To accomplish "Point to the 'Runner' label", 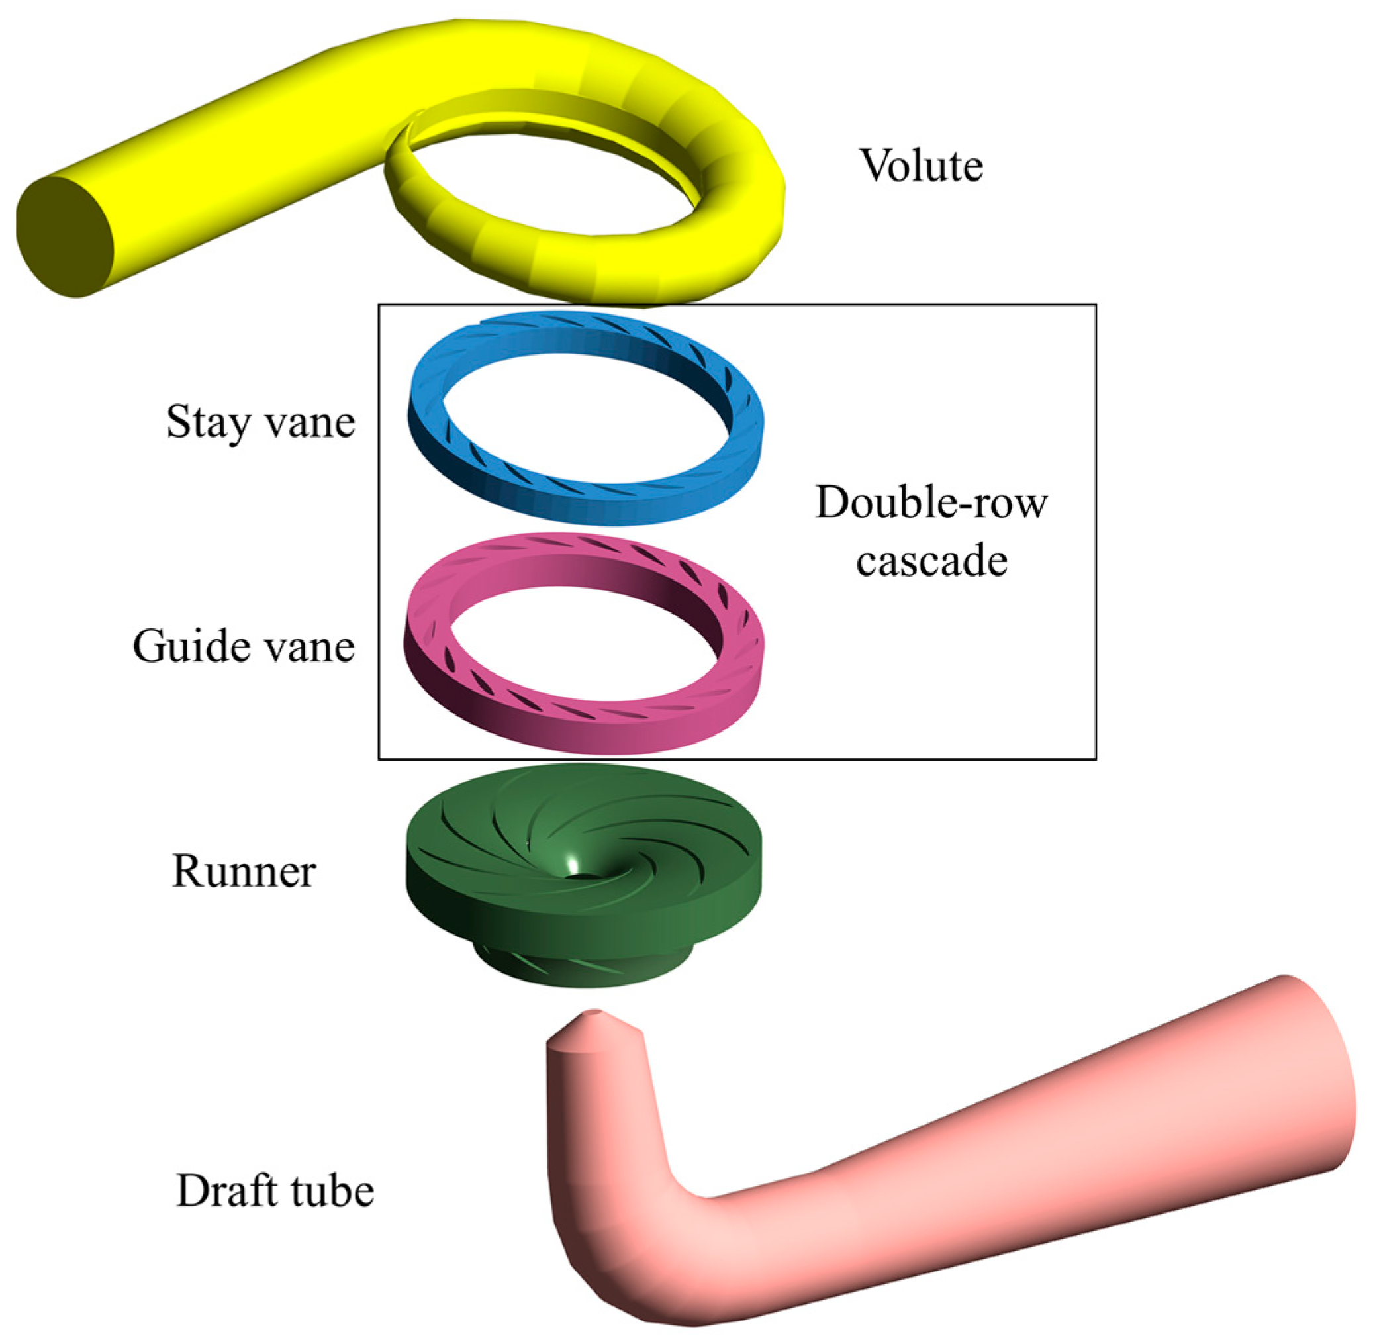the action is click(x=244, y=871).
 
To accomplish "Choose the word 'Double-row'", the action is click(x=931, y=503).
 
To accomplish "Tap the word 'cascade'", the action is click(x=931, y=562).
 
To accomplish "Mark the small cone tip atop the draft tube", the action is click(x=593, y=1016).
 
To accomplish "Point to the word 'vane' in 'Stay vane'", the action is click(x=310, y=422).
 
